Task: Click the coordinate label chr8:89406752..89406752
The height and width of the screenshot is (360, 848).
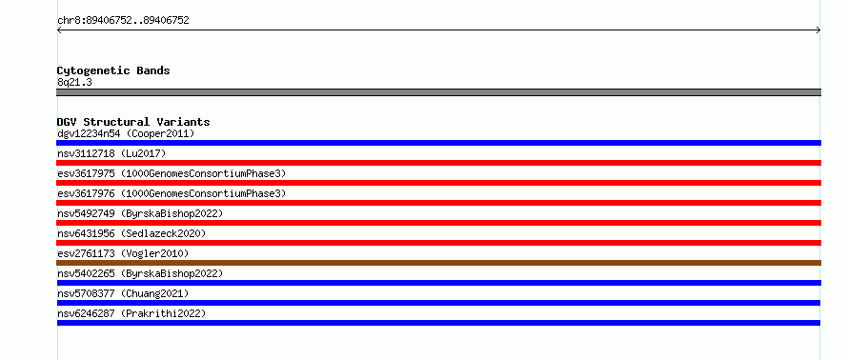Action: (x=123, y=21)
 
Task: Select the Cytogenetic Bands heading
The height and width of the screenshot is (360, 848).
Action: (x=113, y=70)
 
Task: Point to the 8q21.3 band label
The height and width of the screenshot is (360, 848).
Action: (x=74, y=82)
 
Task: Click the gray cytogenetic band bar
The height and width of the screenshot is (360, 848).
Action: (x=438, y=92)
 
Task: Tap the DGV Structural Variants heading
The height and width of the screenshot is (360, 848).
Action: (x=133, y=122)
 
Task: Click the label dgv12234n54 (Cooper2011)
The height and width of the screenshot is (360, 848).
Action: (x=126, y=133)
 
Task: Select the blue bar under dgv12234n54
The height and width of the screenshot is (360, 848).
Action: (x=438, y=143)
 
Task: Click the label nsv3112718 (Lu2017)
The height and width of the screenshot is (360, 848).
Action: (x=111, y=153)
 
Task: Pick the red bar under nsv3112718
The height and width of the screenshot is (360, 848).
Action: (x=438, y=163)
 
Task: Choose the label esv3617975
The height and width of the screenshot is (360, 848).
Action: (x=86, y=173)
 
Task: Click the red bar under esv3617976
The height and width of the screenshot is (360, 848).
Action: (x=438, y=203)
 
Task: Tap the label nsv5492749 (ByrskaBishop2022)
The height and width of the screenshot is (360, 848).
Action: (x=140, y=213)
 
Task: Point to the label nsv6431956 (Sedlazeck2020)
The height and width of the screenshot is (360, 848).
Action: (x=131, y=233)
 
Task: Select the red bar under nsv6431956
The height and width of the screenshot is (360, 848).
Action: (x=438, y=243)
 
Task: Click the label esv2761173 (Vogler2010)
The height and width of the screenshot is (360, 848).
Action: (x=123, y=253)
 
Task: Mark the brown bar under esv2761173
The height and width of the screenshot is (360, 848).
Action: (x=438, y=263)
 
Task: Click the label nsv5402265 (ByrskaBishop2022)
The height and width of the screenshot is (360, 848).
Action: (x=140, y=273)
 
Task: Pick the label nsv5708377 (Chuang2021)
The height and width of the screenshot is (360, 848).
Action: (x=123, y=293)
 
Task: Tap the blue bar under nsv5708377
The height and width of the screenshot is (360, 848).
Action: (x=438, y=303)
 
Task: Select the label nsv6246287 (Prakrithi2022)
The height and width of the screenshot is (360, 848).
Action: (x=131, y=313)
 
